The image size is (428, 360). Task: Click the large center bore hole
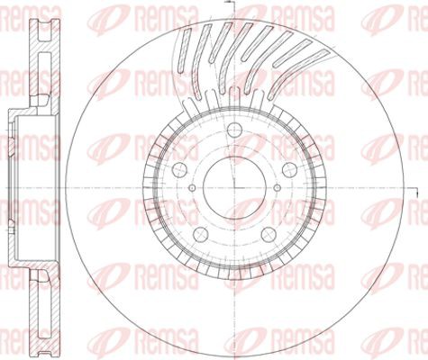pos(234,187)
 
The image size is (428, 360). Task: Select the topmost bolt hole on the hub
pos(234,130)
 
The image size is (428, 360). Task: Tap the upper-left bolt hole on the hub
pos(180,169)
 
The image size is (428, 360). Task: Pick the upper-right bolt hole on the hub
pos(289,169)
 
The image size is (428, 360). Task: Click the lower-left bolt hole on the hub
pos(201,234)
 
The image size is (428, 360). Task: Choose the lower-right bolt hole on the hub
pos(269,234)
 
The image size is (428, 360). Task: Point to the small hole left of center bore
pos(192,188)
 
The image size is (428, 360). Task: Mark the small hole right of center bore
pos(277,188)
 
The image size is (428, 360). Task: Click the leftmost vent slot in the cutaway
pos(184,50)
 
